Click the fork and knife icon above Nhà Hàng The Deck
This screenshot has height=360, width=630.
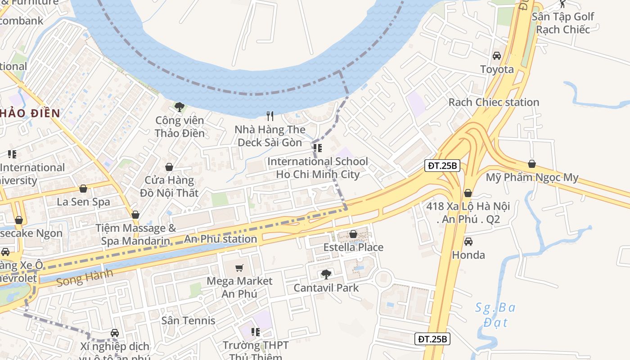270,116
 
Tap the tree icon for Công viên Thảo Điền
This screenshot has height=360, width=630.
180,107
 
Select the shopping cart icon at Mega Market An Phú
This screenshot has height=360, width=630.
239,268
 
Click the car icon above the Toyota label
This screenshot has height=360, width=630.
497,56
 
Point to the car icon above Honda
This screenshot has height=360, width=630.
468,242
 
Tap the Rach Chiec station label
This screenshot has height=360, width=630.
494,102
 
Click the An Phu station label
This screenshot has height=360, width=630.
220,239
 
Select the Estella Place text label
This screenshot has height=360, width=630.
353,247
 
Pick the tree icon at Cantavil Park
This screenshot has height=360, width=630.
326,274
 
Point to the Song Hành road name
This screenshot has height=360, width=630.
79,279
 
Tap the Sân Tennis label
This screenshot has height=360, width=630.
188,320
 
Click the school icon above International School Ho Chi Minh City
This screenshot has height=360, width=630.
318,148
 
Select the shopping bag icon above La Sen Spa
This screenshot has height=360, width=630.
83,189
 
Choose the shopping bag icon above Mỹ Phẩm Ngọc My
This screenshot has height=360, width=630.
531,164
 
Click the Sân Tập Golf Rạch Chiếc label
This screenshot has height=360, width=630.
562,23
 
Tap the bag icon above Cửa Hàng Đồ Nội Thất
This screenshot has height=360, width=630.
169,167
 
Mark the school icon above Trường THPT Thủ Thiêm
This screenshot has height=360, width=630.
256,332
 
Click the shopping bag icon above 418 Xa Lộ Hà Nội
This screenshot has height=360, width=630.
468,193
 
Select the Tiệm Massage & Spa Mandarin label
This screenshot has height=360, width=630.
135,234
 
